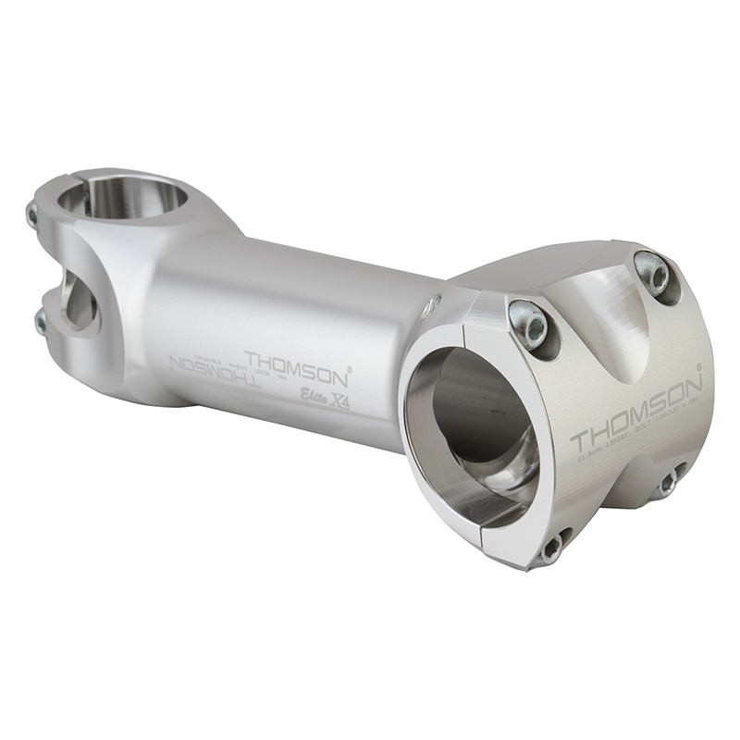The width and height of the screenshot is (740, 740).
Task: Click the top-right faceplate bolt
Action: coord(654,273)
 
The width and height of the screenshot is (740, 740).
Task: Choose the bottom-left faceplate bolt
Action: coord(551,548)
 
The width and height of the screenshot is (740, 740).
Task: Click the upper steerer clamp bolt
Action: coord(32,216)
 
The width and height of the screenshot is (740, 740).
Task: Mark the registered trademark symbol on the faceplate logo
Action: coord(700,367)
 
